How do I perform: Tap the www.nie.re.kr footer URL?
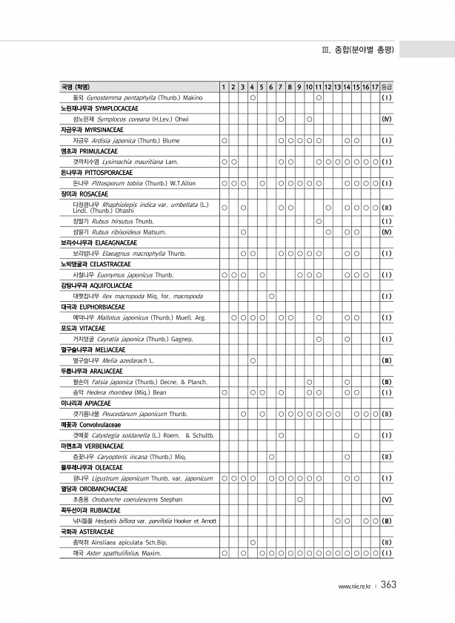pyautogui.click(x=354, y=587)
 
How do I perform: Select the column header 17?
pyautogui.click(x=376, y=88)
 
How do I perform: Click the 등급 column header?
pyautogui.click(x=386, y=88)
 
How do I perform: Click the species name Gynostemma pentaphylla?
pyautogui.click(x=119, y=97)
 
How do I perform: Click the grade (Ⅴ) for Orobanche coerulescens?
pyautogui.click(x=386, y=499)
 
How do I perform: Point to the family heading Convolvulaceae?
pyautogui.click(x=106, y=424)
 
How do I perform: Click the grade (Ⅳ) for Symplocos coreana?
pyautogui.click(x=386, y=119)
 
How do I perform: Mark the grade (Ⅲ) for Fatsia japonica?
pyautogui.click(x=386, y=382)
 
